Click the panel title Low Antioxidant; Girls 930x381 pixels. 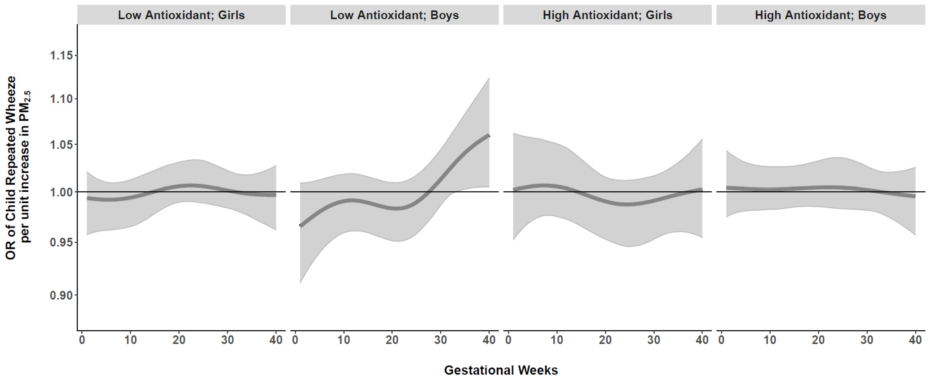point(181,15)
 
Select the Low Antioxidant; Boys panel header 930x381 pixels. point(394,15)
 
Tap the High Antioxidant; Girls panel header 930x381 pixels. point(607,15)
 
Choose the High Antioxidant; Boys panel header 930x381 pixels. point(821,15)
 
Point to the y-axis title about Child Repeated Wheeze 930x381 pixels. point(17,168)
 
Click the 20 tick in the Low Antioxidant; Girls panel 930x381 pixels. point(179,340)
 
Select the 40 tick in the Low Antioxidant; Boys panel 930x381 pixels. point(489,340)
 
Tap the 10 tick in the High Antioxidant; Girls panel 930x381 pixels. point(557,340)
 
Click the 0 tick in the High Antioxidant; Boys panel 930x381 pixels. point(721,340)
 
